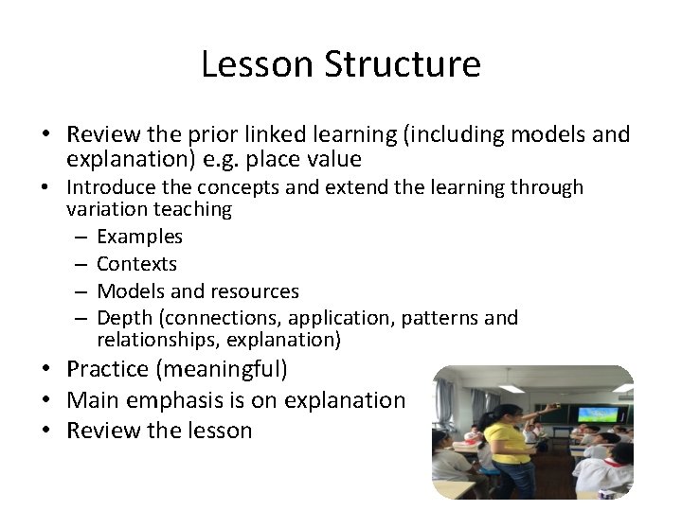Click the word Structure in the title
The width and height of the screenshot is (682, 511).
tap(403, 64)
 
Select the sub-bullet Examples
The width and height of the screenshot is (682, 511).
tap(139, 237)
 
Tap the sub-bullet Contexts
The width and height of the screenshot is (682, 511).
tap(136, 264)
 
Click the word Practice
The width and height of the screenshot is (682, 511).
tap(108, 369)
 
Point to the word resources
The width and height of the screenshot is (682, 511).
tap(258, 291)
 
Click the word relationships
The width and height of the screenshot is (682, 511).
tap(151, 339)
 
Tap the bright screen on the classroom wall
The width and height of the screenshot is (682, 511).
tap(597, 414)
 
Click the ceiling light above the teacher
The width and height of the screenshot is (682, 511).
tap(512, 388)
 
